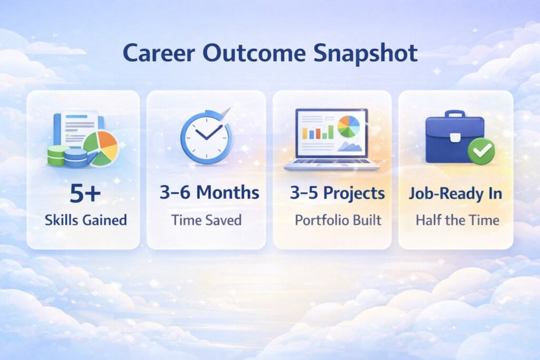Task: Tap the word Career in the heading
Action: click(159, 54)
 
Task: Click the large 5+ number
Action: click(84, 194)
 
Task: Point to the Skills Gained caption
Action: click(84, 220)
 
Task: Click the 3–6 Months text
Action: click(209, 193)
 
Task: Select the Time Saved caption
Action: click(206, 220)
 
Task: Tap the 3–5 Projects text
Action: click(337, 193)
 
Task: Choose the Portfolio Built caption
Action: click(337, 220)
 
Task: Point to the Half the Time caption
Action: click(457, 220)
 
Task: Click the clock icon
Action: click(205, 136)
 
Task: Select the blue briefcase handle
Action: click(454, 115)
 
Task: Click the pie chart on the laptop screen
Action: click(349, 127)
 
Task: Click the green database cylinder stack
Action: click(59, 155)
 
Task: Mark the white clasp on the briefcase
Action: click(455, 139)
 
